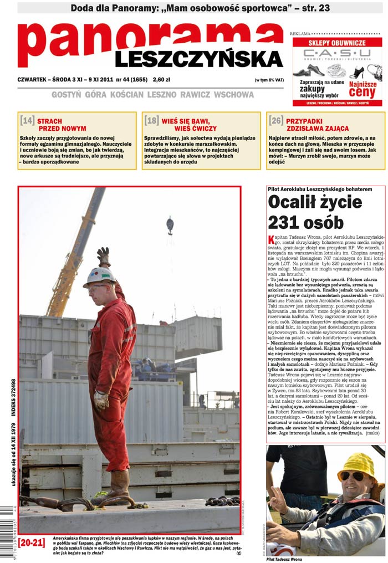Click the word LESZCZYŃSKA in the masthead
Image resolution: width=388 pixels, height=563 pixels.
pyautogui.click(x=199, y=59)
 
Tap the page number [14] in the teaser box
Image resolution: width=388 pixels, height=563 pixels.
pyautogui.click(x=27, y=120)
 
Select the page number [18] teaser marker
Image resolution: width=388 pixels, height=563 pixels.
pyautogui.click(x=151, y=120)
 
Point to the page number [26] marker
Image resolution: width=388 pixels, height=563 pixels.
pyautogui.click(x=276, y=120)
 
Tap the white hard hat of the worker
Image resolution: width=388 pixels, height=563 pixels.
pyautogui.click(x=100, y=276)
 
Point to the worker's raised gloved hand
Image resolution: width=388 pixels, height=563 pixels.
pyautogui.click(x=104, y=256)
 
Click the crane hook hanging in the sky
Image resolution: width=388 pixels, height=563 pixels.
pyautogui.click(x=170, y=225)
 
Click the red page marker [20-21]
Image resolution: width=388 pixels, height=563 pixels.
pyautogui.click(x=32, y=542)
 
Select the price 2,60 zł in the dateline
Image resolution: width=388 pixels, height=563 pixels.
pyautogui.click(x=162, y=79)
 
